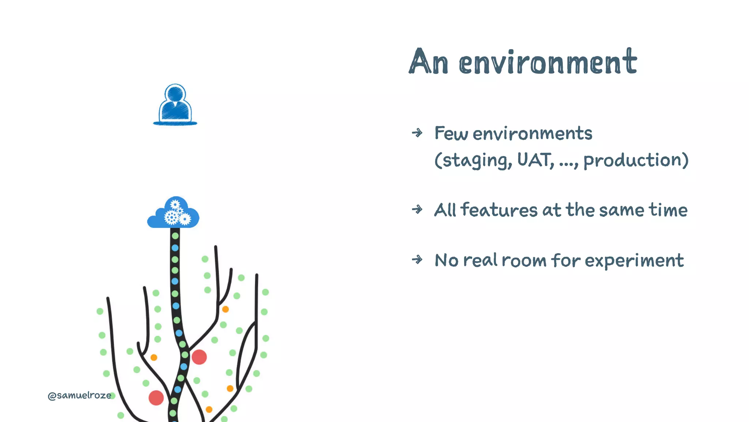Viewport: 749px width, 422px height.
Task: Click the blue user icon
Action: pos(175,105)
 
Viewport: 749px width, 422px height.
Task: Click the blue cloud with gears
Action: pos(173,214)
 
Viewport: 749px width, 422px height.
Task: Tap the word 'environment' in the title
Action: pos(548,62)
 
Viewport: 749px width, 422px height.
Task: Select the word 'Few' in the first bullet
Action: pos(451,133)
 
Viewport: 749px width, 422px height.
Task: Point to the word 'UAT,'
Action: pos(535,160)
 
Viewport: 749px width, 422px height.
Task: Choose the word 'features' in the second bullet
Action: pos(499,210)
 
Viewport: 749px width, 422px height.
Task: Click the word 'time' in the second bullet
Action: pos(668,210)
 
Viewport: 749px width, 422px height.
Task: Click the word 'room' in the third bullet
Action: pos(524,261)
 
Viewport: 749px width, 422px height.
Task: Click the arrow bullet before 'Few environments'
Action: pos(417,133)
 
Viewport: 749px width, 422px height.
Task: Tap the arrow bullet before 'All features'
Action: pos(417,210)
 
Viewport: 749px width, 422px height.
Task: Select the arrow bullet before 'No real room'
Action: pos(417,260)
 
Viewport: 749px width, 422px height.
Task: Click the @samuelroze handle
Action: pos(79,396)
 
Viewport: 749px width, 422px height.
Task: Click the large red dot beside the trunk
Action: pos(199,357)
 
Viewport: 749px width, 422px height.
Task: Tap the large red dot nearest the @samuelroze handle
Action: pos(156,398)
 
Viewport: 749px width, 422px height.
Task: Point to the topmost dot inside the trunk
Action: pos(175,236)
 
